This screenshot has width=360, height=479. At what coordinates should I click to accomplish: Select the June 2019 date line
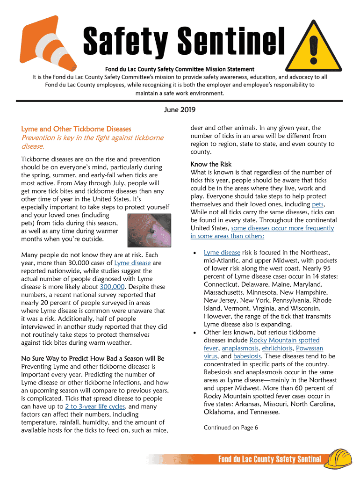180,110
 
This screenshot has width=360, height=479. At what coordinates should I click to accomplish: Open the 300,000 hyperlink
112,287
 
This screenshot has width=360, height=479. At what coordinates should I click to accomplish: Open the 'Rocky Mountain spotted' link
284,340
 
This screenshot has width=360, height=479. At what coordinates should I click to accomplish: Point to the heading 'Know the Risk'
211,164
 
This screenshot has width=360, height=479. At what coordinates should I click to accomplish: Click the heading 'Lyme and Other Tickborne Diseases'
76,129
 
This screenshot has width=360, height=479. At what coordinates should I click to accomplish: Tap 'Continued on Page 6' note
230,428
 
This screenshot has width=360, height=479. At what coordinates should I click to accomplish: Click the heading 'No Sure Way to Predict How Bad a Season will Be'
93,358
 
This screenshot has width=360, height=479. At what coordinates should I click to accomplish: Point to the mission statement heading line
180,69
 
